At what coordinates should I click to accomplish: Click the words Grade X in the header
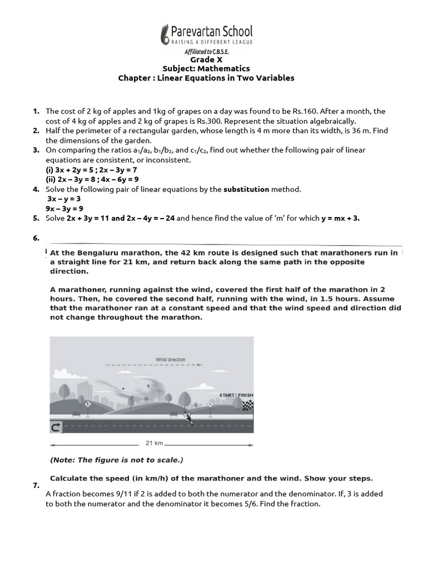coord(206,59)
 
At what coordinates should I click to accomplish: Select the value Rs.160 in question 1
coord(343,111)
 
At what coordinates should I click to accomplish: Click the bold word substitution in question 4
coord(246,189)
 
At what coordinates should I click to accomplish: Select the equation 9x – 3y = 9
coord(64,208)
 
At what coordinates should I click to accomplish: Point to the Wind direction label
coord(170,360)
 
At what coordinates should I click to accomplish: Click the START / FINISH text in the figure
coord(236,395)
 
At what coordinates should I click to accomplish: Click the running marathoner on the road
coord(189,418)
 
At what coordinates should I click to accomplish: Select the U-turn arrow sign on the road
coord(56,427)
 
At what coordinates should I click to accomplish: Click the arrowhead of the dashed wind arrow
coord(200,365)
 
